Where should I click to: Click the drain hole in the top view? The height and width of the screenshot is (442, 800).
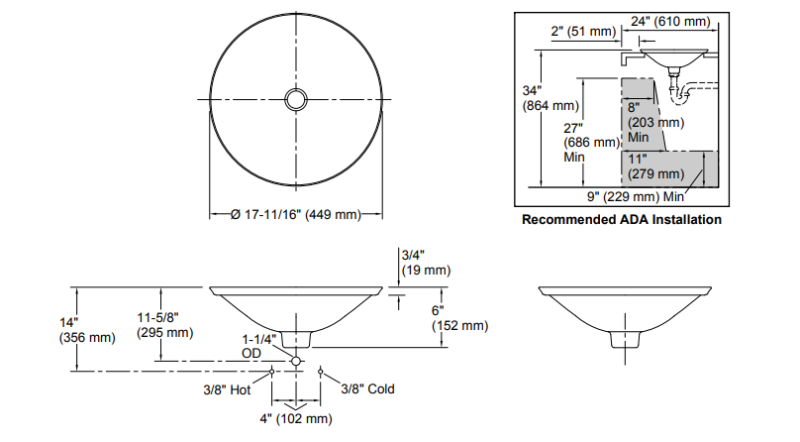[296, 99]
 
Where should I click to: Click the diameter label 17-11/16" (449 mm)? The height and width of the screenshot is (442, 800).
[296, 214]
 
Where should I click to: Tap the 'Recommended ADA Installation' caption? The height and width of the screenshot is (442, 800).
[621, 219]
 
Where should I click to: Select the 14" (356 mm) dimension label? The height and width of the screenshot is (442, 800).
[87, 330]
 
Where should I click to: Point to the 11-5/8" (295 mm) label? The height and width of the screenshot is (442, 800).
[165, 325]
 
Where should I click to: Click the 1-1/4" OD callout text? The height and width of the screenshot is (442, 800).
[259, 346]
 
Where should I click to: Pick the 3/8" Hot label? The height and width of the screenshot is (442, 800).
[227, 390]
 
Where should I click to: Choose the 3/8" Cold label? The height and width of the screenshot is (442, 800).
[368, 389]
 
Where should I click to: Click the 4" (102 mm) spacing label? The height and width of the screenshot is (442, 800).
[296, 419]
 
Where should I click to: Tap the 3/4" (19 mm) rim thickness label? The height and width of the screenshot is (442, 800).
[426, 262]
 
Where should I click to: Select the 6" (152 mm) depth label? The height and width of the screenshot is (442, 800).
[460, 317]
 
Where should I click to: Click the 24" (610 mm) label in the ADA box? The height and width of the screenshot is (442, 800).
[670, 21]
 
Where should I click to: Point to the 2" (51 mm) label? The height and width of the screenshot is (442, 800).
[583, 31]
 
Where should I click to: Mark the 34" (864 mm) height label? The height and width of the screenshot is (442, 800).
[551, 98]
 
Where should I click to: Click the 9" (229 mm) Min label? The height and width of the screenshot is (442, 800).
[636, 197]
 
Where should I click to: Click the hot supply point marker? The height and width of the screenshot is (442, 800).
[271, 371]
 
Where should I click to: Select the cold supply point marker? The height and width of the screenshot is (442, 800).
[320, 371]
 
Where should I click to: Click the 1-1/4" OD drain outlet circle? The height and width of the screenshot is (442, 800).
[296, 361]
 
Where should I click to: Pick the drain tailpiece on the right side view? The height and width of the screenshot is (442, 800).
[625, 340]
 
